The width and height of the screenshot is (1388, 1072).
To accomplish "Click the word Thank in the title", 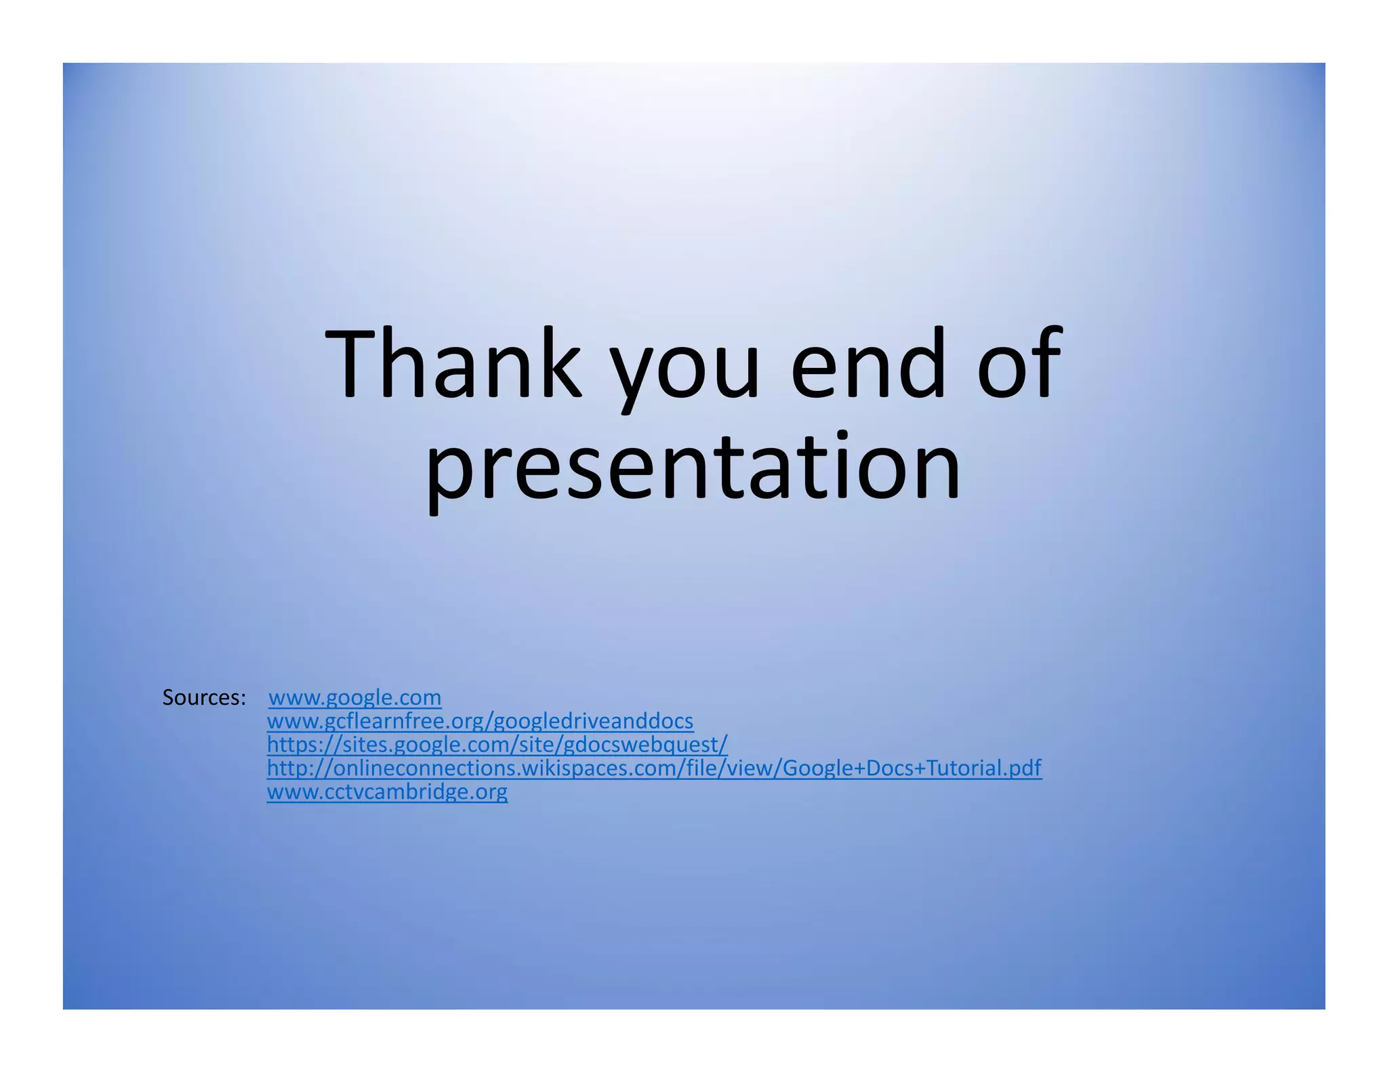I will click(453, 364).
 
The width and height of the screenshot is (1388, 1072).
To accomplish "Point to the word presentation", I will click(693, 469).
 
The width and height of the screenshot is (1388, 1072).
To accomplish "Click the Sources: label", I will click(204, 697).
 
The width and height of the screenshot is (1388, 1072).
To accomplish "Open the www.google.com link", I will click(355, 697).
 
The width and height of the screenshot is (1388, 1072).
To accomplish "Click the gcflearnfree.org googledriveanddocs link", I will click(480, 721).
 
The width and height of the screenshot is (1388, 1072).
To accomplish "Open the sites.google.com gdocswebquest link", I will click(497, 745).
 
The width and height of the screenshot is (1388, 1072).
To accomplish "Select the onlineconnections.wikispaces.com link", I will click(653, 768).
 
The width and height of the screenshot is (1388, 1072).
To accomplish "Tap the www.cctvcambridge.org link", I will click(387, 791).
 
